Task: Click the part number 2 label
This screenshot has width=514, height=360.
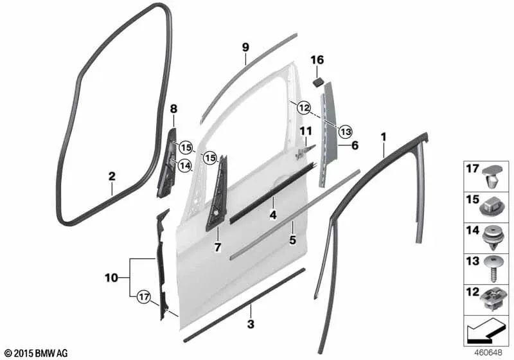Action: tap(111, 175)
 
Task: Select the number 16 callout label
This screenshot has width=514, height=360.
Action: tap(317, 60)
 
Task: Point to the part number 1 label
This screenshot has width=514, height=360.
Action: tap(384, 136)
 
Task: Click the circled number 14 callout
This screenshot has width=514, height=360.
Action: tap(185, 165)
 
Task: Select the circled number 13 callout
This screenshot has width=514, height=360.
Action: tap(345, 131)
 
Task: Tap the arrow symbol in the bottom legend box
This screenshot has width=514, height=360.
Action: tap(483, 330)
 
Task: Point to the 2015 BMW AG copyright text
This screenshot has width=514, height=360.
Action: tap(35, 353)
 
